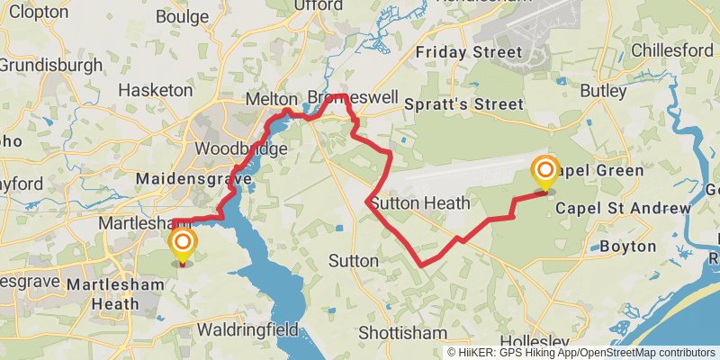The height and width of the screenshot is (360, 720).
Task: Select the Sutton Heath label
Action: tap(419, 203)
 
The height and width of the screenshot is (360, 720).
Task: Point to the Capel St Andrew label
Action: tap(623, 209)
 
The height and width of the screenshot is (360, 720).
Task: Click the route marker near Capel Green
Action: tap(544, 171)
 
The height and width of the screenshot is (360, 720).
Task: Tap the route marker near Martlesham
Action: tap(183, 244)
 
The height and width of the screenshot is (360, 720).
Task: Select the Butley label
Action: tap(603, 91)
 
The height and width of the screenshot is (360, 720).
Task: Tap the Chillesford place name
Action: tap(672, 49)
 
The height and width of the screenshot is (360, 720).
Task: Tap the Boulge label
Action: tap(182, 16)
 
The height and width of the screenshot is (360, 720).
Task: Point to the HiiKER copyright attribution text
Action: tap(580, 353)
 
